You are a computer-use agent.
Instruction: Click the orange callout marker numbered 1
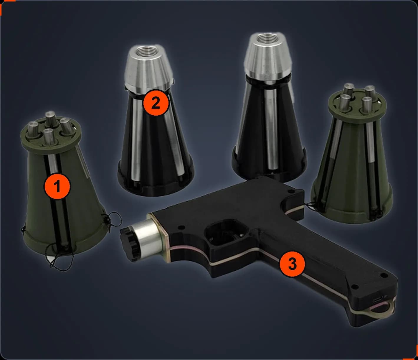coord(57,186)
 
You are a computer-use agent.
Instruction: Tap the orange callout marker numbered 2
coord(156,103)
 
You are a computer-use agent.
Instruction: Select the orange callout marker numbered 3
coord(292,264)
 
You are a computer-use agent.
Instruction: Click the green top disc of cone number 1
coord(51,134)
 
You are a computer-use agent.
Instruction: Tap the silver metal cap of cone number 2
coord(149,70)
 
